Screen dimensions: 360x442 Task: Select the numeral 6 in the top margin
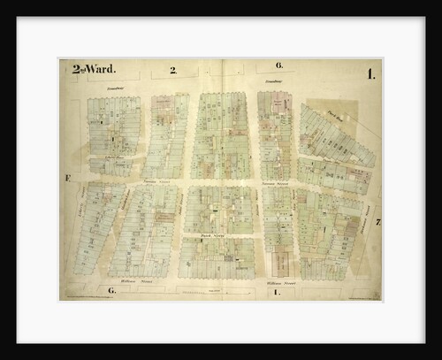278,66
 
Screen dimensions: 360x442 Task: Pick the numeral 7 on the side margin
377,221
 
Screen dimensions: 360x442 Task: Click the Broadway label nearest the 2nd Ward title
110,88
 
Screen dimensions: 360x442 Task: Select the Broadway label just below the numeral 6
271,82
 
